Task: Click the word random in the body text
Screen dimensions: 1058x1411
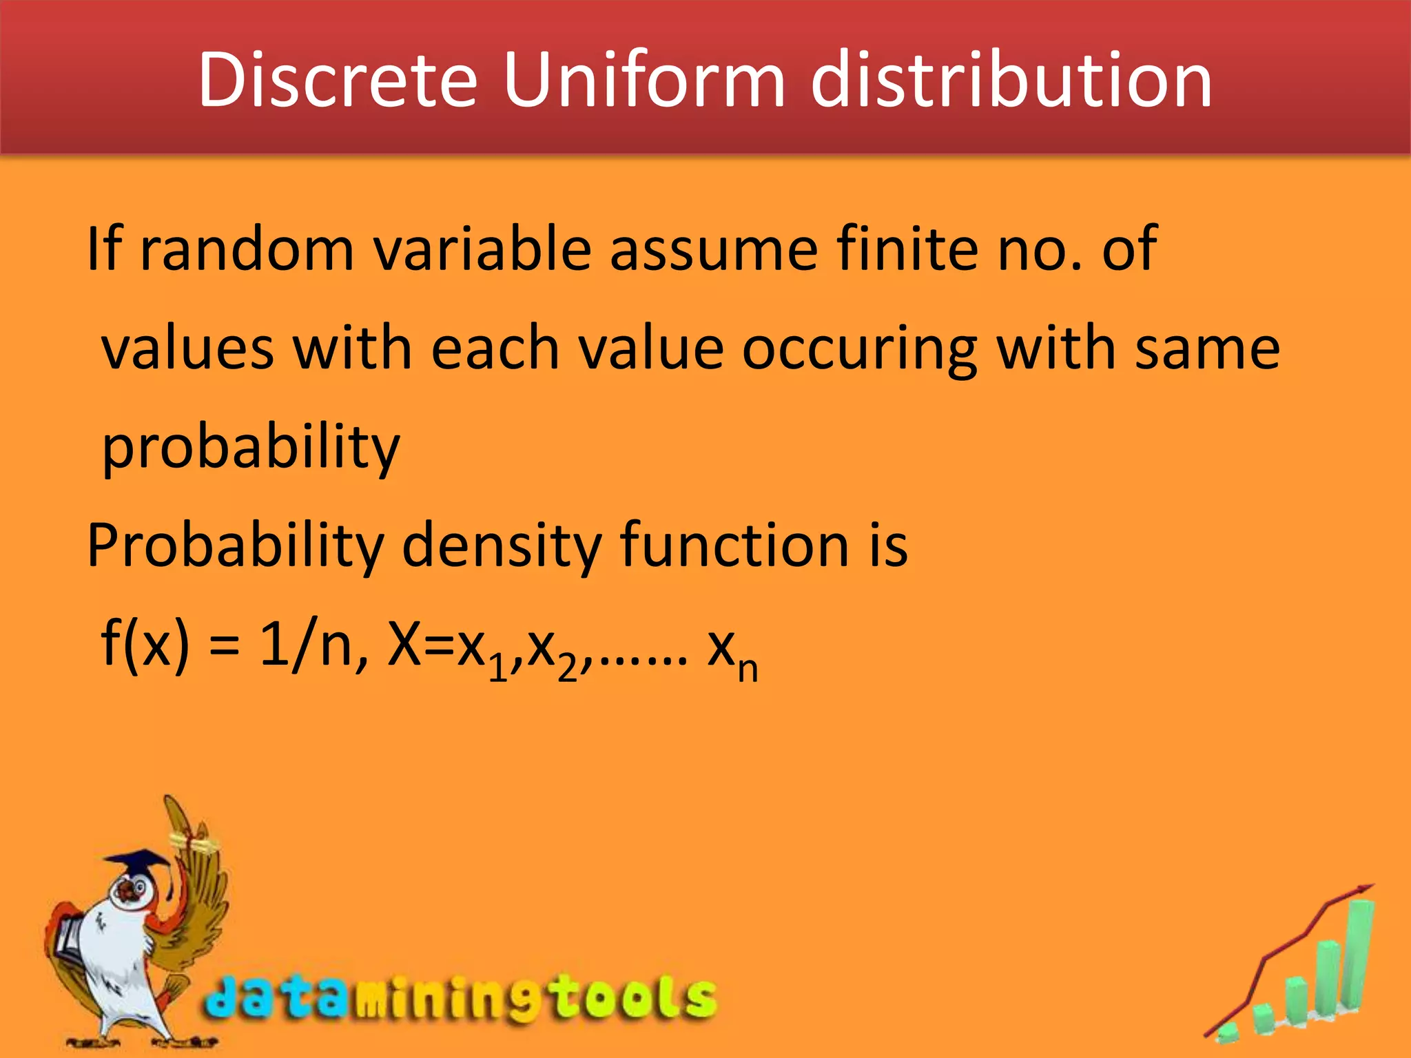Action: [247, 249]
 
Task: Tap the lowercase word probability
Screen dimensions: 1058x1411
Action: [251, 448]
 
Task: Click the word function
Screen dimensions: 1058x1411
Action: [734, 546]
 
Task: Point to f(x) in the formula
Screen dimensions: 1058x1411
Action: [145, 643]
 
